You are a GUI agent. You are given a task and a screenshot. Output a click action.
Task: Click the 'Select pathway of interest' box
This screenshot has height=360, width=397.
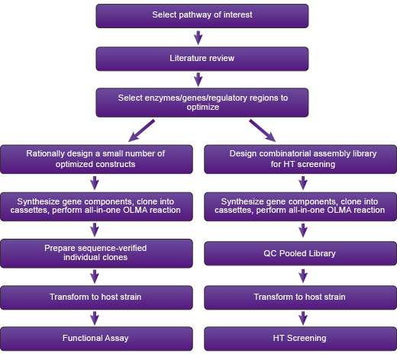(202, 16)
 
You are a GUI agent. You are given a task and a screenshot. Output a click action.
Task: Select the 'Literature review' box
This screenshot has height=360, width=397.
(202, 59)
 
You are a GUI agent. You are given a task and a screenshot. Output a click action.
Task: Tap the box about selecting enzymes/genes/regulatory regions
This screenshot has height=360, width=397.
(202, 102)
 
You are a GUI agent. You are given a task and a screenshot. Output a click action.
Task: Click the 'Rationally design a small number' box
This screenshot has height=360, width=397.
(96, 159)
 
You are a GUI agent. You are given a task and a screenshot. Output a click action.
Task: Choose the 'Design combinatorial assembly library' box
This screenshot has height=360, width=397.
(300, 159)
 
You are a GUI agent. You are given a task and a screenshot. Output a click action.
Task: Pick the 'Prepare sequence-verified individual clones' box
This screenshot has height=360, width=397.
(96, 253)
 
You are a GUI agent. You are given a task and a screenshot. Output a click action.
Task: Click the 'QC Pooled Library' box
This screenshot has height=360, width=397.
(300, 253)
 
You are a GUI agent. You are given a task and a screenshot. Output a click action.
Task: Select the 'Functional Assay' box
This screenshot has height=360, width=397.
(96, 339)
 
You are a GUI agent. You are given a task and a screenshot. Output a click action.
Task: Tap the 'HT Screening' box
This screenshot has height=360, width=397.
(300, 339)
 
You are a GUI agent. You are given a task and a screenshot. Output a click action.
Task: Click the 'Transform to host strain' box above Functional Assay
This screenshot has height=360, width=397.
(96, 297)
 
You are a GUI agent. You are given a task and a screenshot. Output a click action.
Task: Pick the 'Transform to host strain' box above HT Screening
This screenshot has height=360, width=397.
(300, 297)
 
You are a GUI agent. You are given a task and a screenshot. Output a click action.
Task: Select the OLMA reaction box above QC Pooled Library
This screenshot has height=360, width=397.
(300, 207)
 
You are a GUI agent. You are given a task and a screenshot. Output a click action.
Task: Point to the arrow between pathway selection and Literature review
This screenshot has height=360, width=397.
(198, 37)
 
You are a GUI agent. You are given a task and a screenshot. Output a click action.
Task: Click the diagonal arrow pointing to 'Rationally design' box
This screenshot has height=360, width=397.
(141, 130)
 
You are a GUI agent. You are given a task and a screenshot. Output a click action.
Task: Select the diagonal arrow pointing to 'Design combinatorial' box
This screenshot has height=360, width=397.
(263, 130)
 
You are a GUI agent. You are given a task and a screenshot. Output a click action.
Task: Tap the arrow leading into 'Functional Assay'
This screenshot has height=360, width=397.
(95, 318)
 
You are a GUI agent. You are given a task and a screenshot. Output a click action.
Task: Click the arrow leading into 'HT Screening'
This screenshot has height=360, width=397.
(303, 318)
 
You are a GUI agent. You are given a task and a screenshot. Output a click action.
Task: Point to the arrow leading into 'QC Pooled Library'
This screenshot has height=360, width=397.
(303, 230)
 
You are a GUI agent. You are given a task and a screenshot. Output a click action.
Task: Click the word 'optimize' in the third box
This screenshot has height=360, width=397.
(203, 107)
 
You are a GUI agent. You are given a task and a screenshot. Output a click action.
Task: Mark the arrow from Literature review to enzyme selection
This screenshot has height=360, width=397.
(198, 79)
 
